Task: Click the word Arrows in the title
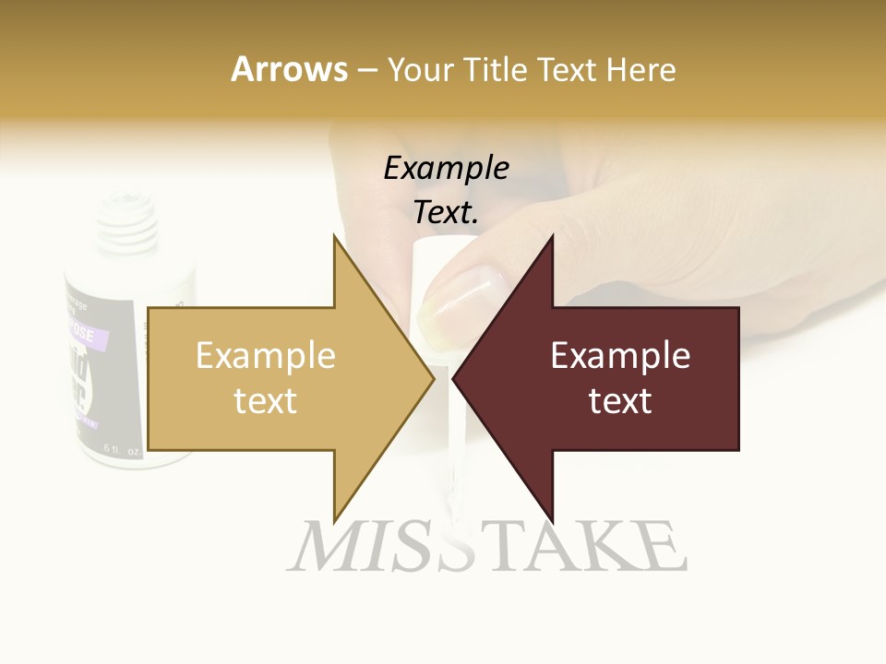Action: tap(289, 69)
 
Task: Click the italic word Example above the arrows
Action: tap(446, 168)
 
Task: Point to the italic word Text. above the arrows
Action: tap(446, 213)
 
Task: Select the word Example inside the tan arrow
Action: tap(266, 355)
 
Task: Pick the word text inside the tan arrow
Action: tap(266, 401)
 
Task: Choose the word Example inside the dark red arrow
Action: tap(620, 355)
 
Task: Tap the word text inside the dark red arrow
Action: tap(620, 401)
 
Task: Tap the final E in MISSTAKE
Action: tap(663, 547)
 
